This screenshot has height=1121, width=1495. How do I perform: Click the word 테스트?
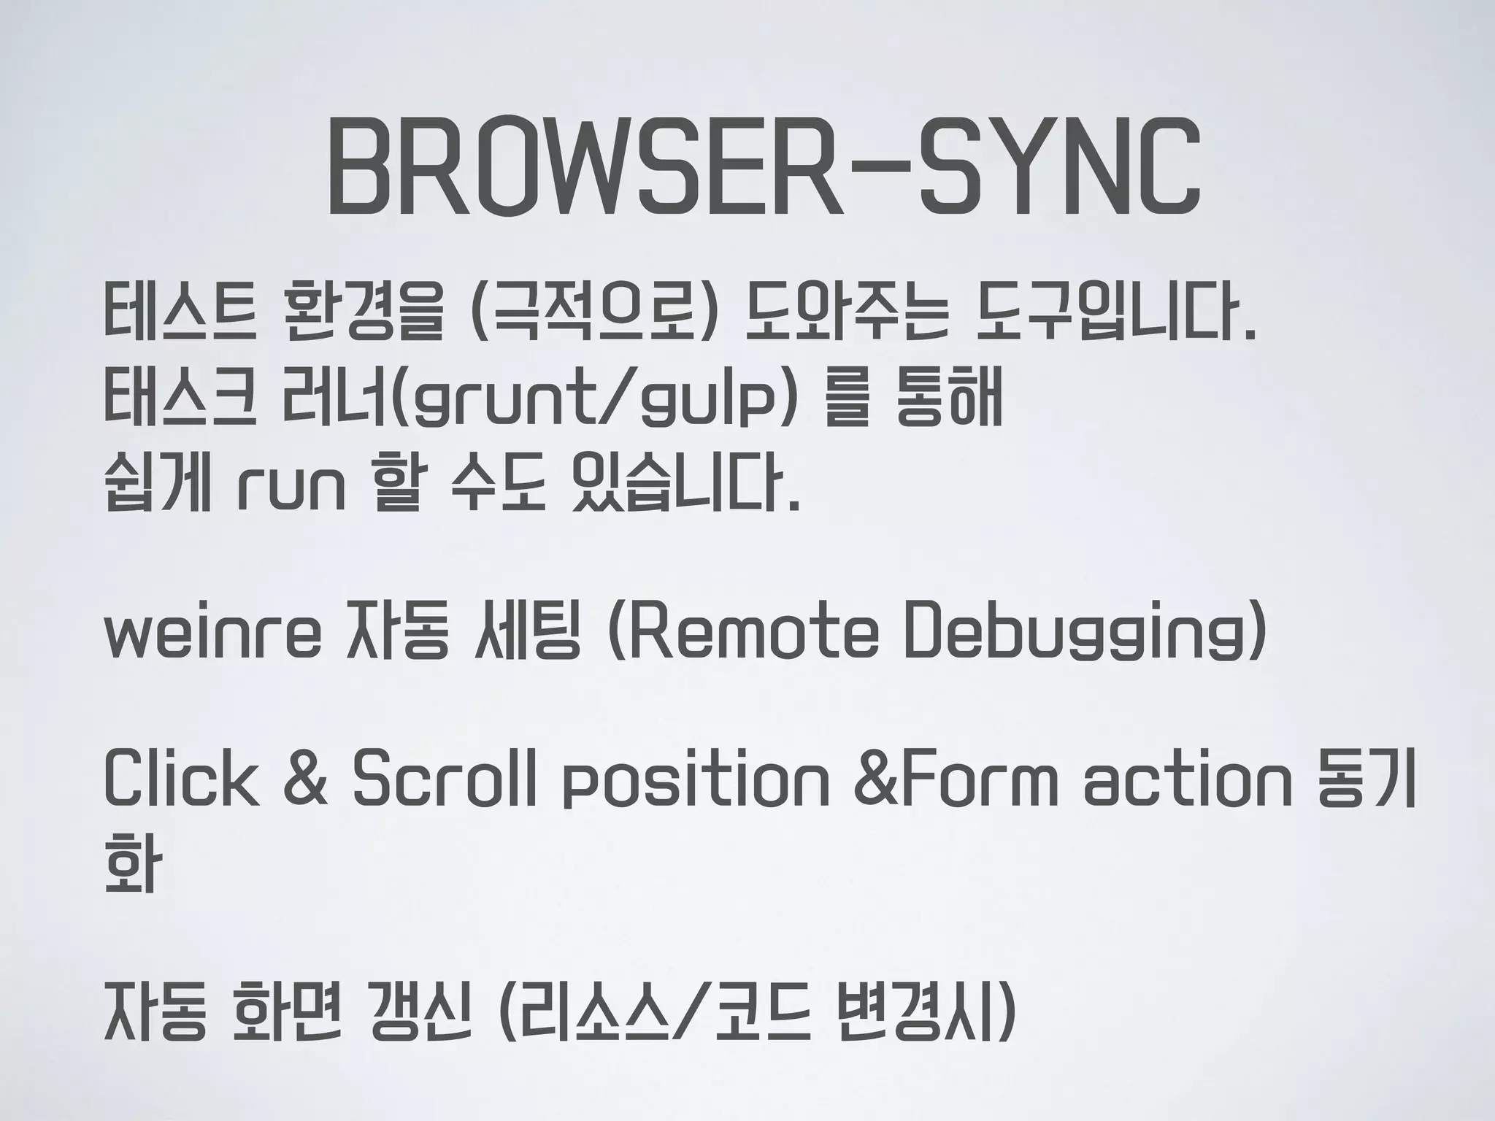(x=180, y=315)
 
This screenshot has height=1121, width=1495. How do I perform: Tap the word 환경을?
(x=362, y=315)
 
